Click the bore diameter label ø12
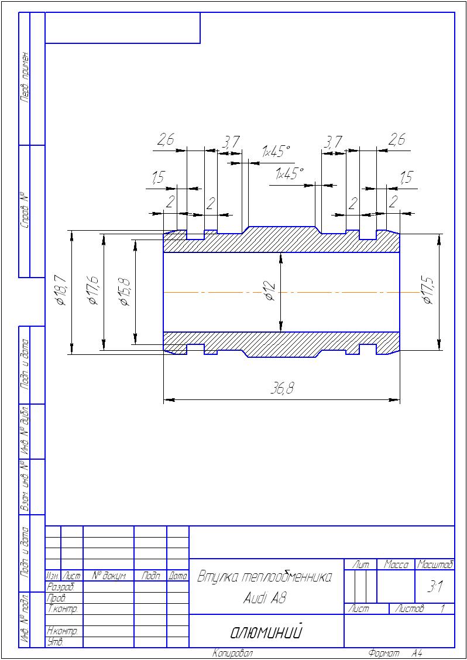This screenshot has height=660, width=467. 270,291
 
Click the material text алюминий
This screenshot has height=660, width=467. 266,632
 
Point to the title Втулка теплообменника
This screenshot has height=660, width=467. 265,577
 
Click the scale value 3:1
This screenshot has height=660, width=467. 435,589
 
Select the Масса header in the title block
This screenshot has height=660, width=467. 396,565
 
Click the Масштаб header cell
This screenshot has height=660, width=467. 435,565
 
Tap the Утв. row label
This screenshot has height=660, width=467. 54,642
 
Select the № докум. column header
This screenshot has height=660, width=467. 109,577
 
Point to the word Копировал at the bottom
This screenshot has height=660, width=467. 233,653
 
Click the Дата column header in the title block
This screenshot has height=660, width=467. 178,577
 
